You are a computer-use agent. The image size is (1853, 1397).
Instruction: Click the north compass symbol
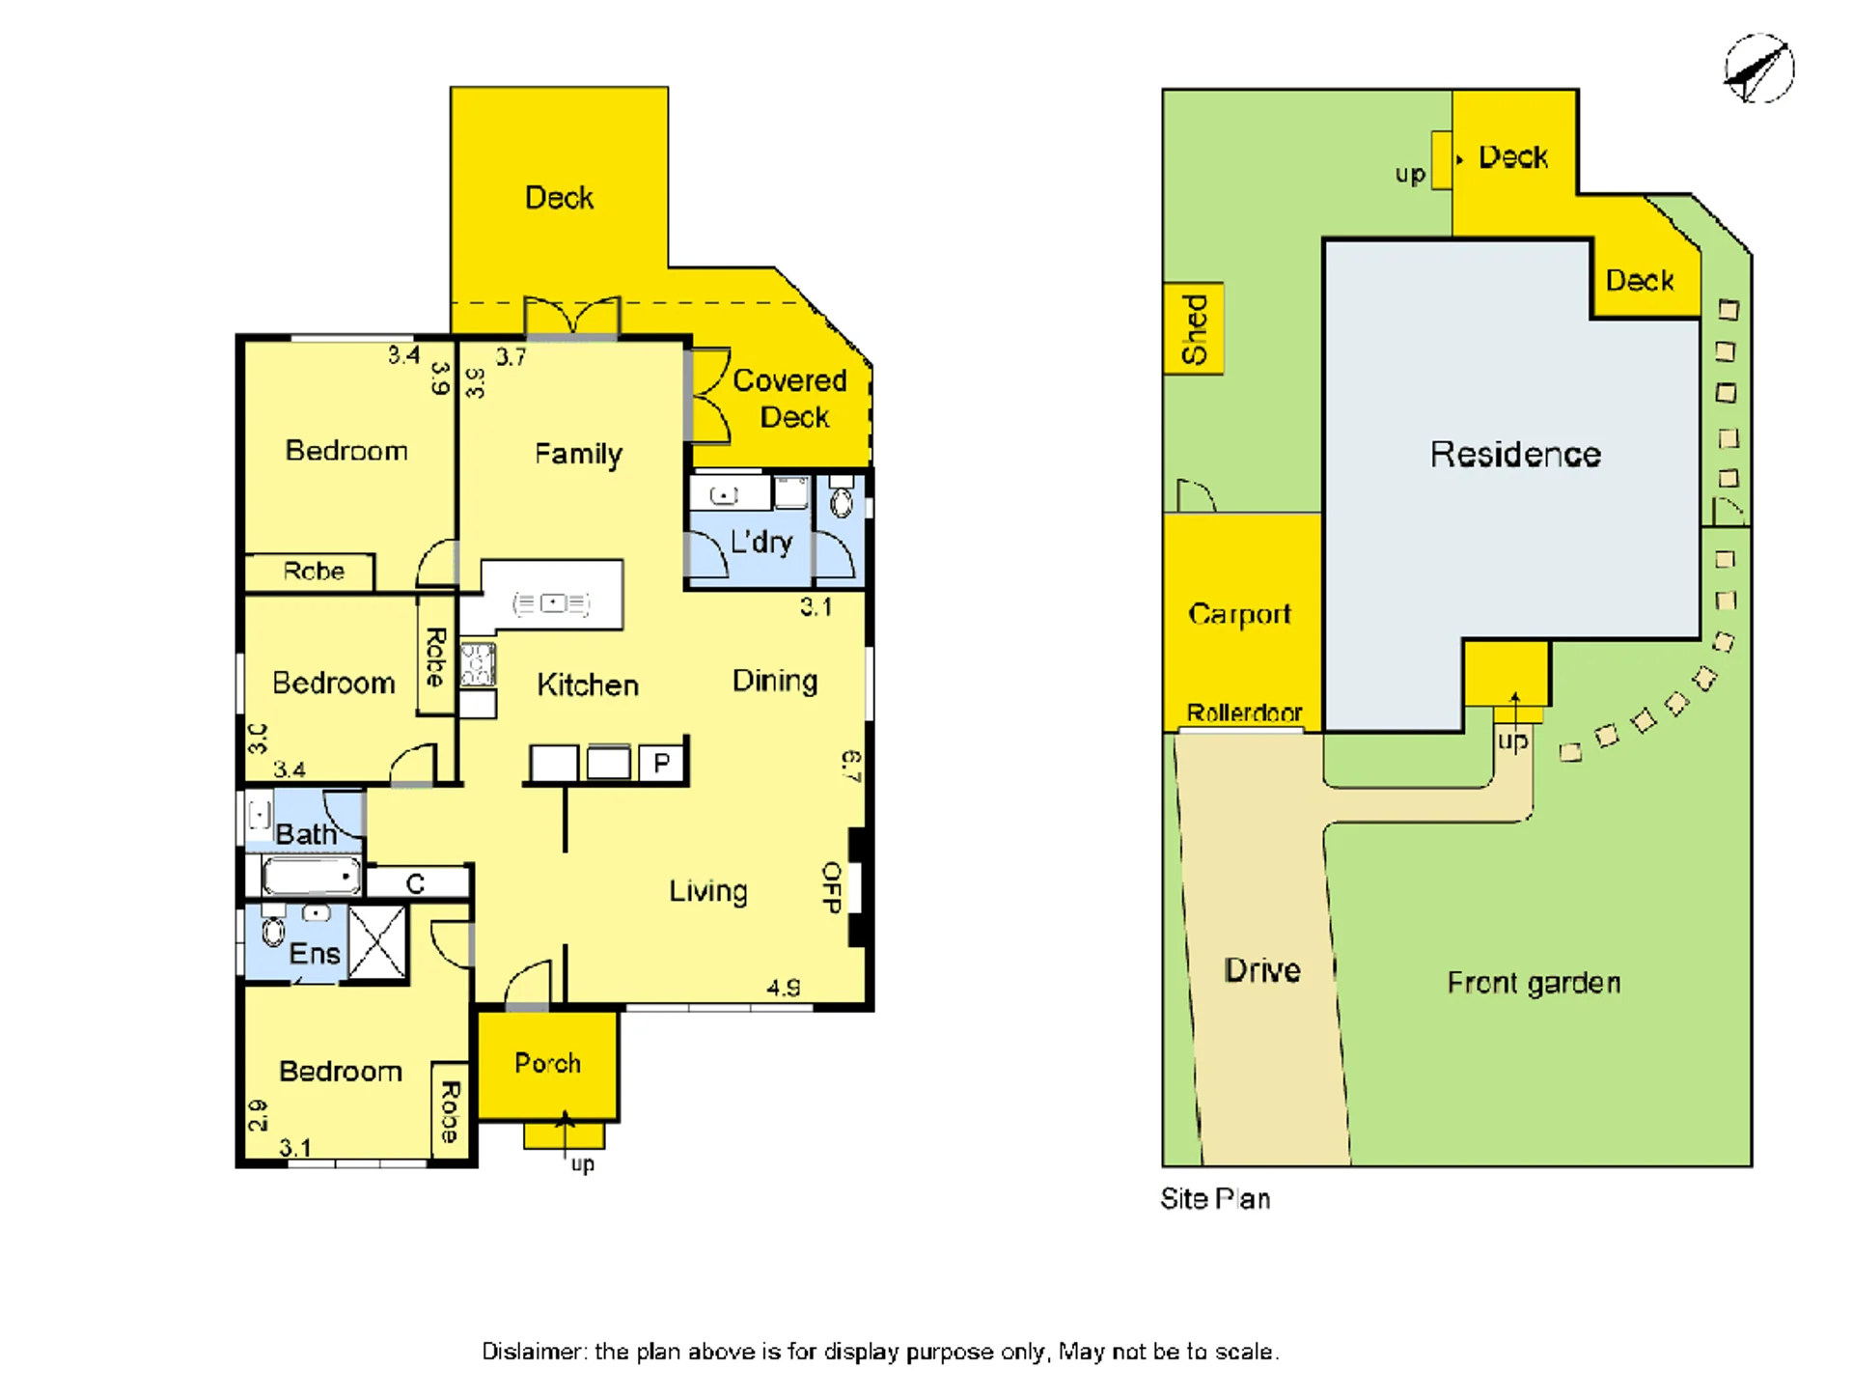1758,69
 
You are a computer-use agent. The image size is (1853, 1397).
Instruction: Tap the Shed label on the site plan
1195,329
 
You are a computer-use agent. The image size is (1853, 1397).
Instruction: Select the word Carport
1239,614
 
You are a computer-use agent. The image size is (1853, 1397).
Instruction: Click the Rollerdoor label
1244,712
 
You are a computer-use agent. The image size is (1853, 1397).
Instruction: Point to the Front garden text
1534,983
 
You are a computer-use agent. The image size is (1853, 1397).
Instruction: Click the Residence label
1515,454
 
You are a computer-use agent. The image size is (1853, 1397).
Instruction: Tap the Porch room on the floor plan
548,1065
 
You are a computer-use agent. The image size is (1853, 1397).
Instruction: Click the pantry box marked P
662,763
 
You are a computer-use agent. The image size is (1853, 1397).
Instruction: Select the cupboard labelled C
417,882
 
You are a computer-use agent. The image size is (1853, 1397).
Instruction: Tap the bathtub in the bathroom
311,876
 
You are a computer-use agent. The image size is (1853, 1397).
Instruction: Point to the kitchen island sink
552,603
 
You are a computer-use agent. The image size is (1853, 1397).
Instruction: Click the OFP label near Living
831,887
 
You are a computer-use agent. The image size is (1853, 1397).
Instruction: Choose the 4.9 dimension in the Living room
784,988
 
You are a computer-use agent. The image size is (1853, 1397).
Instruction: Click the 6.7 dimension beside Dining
851,767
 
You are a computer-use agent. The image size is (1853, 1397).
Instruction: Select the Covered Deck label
790,399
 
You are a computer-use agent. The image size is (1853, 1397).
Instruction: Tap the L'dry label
761,543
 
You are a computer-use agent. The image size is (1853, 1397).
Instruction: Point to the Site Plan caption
1215,1199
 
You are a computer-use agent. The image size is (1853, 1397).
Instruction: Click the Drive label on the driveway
1262,970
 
